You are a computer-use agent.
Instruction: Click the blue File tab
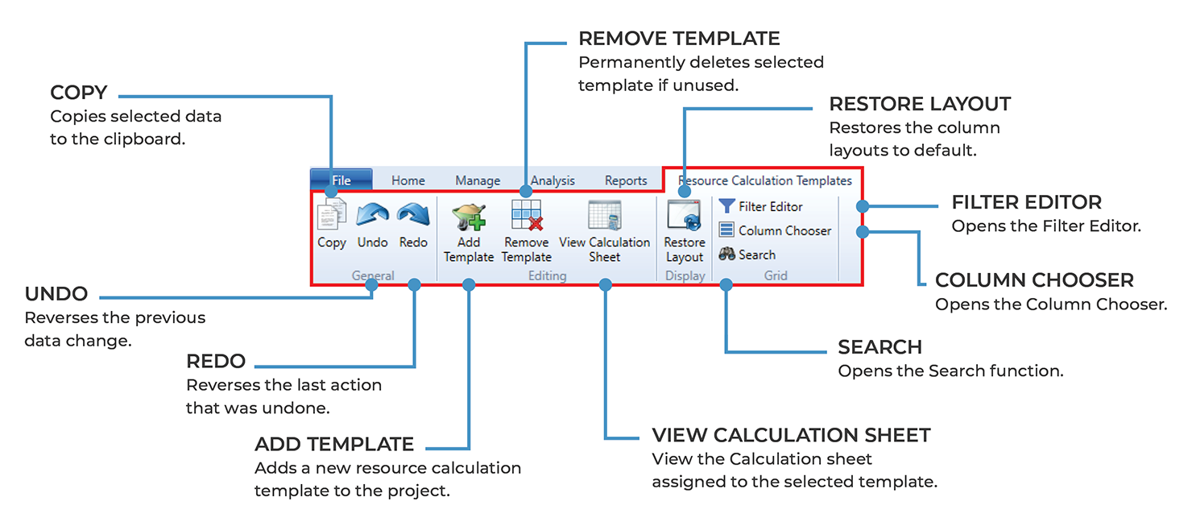341,180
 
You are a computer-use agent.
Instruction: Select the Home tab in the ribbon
408,180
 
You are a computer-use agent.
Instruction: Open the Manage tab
478,180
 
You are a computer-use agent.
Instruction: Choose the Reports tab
626,180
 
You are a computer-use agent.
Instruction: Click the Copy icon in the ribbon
331,215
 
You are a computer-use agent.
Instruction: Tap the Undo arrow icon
372,215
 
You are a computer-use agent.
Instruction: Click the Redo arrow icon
413,215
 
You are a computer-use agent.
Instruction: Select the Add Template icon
468,216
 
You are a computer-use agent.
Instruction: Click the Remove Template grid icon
527,216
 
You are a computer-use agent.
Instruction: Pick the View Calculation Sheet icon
604,216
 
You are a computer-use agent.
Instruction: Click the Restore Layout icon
684,216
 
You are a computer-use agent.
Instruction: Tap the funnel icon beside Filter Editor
727,206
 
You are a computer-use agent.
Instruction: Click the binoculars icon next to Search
727,255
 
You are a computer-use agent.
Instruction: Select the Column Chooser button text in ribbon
784,230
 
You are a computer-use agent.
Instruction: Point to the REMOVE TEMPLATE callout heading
679,39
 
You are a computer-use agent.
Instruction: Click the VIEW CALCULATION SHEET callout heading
791,435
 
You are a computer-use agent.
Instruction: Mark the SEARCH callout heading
880,347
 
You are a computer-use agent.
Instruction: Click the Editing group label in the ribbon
547,275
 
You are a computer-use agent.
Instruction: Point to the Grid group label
776,275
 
